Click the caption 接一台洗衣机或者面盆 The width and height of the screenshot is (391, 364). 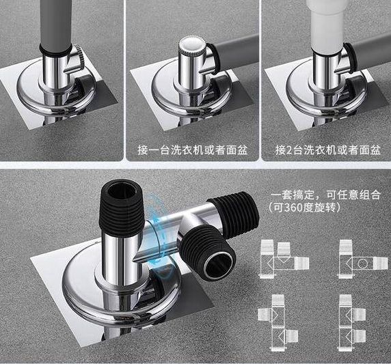193,150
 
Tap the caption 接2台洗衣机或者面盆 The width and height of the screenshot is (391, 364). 328,150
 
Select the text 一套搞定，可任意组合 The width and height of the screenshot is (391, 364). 326,195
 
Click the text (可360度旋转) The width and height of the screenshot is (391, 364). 305,208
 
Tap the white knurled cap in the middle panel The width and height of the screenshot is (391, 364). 191,44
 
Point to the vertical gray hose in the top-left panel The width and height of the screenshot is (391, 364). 56,25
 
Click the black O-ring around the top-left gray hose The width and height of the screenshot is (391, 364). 55,51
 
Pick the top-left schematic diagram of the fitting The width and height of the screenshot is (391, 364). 284,259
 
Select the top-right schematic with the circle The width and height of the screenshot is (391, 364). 363,259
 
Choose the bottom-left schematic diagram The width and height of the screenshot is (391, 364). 278,323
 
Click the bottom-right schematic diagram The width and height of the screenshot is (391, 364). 352,323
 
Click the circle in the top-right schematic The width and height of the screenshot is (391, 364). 362,264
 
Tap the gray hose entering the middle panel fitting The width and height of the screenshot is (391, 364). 237,53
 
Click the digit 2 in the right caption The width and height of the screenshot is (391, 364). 288,150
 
